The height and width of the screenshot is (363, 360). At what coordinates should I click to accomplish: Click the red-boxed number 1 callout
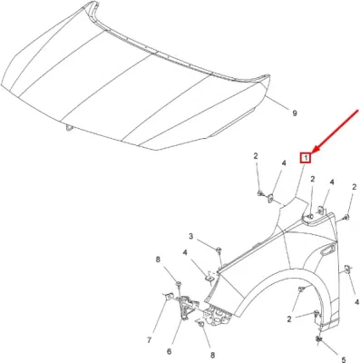306,158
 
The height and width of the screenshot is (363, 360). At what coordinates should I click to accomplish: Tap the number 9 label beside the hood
295,113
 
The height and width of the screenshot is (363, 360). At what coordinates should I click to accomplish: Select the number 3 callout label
191,236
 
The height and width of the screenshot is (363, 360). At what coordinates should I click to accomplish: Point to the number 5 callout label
344,360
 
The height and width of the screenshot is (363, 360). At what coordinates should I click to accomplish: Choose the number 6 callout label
169,351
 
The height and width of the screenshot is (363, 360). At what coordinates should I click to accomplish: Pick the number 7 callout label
149,340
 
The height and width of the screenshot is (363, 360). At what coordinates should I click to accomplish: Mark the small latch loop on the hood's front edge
69,128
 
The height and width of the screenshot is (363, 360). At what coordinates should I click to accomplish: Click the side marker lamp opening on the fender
328,250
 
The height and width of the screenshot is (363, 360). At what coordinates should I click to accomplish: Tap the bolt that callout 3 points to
219,250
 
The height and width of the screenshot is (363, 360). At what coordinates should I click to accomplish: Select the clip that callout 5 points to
318,339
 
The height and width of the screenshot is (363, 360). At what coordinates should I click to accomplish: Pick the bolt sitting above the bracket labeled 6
179,284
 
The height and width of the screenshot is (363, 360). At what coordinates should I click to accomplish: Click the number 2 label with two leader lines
289,319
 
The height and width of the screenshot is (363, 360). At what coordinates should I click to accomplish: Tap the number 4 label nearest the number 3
184,252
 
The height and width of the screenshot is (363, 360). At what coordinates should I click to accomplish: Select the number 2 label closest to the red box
313,179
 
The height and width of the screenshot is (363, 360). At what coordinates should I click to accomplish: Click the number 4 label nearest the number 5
357,302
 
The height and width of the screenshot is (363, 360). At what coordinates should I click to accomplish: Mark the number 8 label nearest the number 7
158,260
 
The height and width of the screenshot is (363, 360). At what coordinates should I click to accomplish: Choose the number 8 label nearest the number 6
212,355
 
